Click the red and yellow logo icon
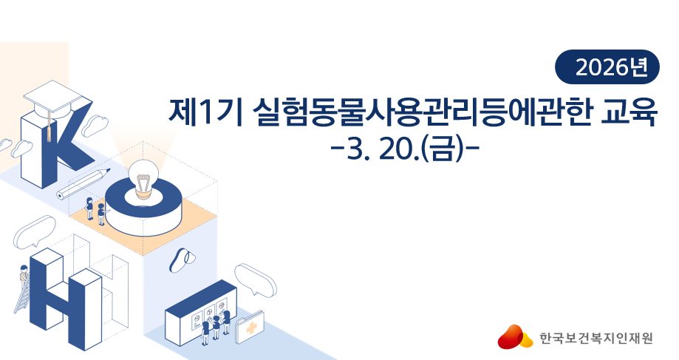click(515, 337)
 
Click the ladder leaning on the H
click(21, 296)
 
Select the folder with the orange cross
click(250, 326)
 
